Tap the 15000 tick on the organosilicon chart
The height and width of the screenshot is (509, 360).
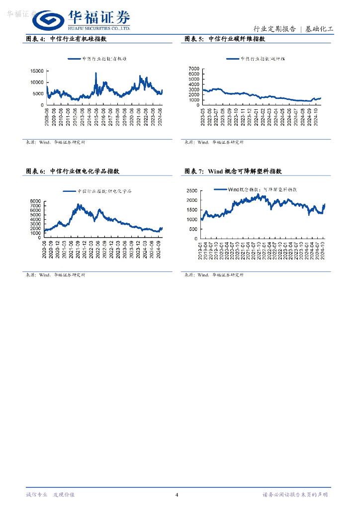[x=37, y=71]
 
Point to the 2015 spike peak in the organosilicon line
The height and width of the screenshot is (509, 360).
[x=96, y=73]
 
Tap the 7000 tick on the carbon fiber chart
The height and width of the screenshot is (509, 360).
[x=193, y=68]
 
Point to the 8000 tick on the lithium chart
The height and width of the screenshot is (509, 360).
[x=35, y=201]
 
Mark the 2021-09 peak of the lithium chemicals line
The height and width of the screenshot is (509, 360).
[x=79, y=204]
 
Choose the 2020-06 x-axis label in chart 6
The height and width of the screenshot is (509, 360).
[x=45, y=249]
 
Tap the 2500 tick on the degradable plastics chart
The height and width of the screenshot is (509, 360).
[x=192, y=190]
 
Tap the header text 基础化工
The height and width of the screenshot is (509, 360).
[x=319, y=29]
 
